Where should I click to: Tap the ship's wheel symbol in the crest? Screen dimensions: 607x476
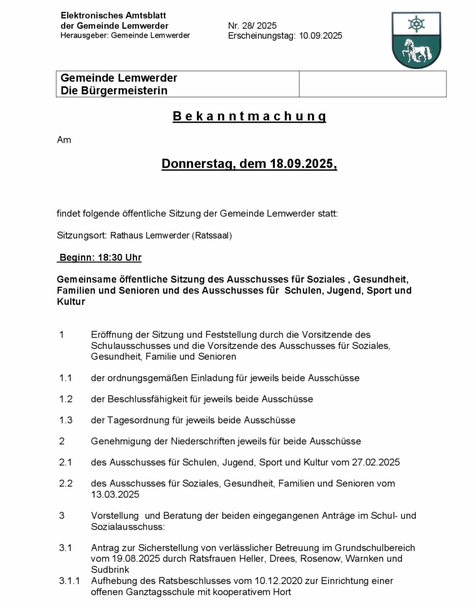[x=416, y=24]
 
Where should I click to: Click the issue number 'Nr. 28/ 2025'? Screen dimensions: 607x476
[x=252, y=25]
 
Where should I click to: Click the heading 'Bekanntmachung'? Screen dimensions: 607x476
[x=249, y=116]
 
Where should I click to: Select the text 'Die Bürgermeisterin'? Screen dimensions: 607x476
[x=114, y=91]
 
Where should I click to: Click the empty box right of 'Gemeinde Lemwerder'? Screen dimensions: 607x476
[x=372, y=84]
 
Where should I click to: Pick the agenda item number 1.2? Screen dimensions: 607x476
[x=65, y=399]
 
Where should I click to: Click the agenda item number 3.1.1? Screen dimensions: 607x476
[x=69, y=581]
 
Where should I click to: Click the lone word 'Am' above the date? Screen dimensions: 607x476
[x=64, y=140]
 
